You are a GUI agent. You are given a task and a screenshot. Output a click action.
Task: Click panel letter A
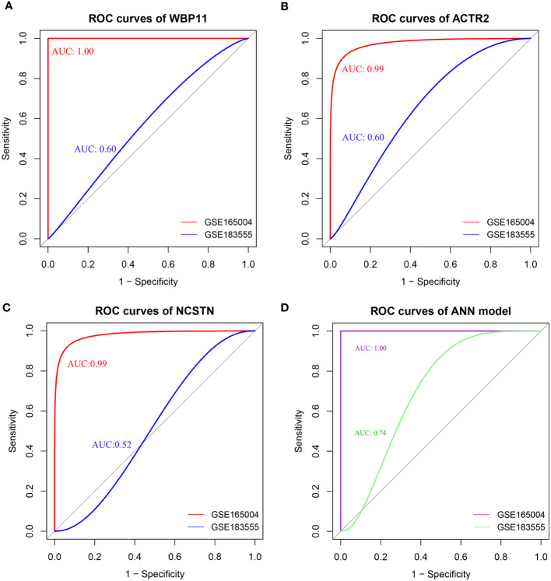(7, 6)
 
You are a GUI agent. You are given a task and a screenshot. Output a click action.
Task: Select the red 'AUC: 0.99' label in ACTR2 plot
(363, 69)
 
